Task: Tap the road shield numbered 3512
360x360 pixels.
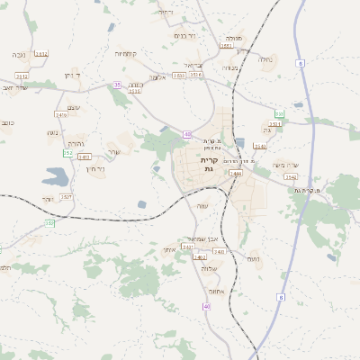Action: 22,76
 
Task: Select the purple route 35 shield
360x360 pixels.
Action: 117,85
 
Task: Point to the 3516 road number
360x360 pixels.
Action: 195,75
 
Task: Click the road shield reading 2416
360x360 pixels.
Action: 62,114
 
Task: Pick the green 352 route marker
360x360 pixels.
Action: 67,153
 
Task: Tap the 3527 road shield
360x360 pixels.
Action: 66,195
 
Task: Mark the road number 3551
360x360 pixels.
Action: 225,46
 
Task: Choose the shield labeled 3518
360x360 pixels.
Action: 134,90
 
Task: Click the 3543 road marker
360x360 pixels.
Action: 260,146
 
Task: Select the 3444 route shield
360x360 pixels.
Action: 236,173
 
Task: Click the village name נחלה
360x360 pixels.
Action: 265,60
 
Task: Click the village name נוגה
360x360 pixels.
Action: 52,133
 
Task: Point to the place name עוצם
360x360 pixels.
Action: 75,108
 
